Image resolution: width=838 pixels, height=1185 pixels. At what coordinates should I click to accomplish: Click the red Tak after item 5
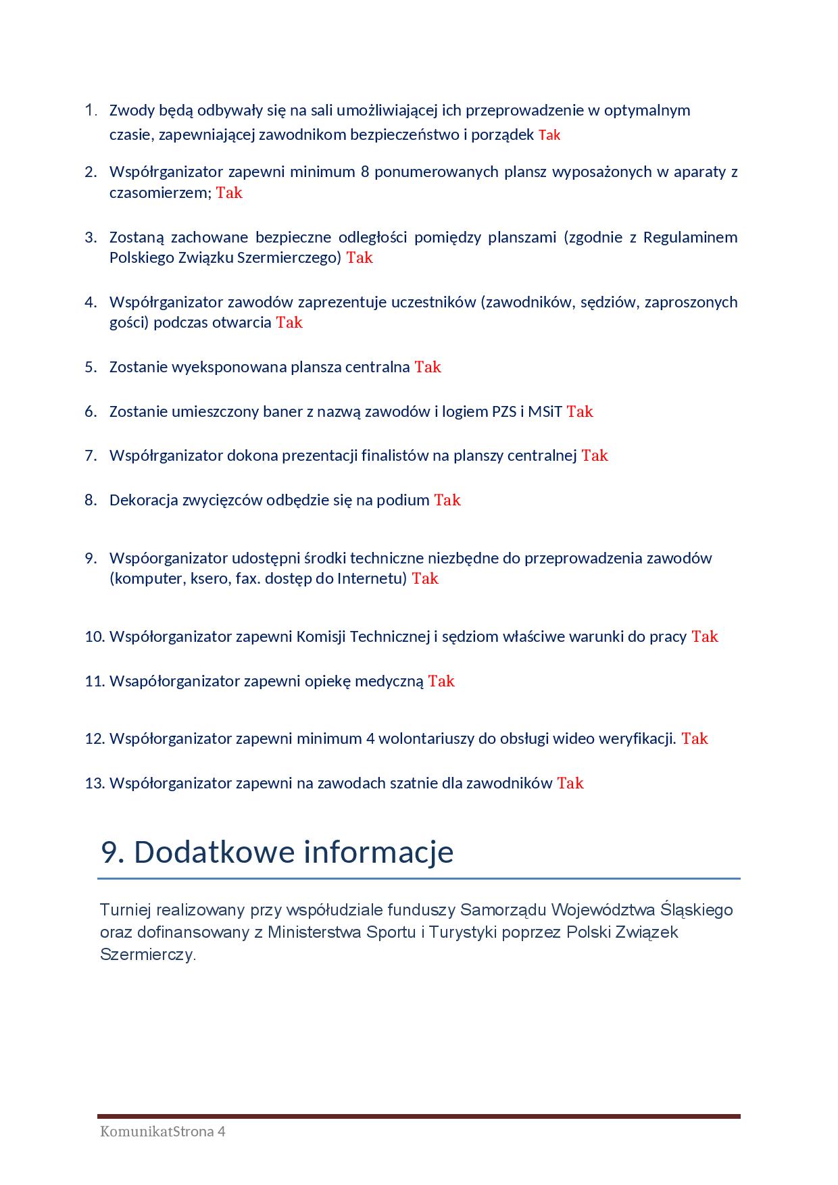pos(427,367)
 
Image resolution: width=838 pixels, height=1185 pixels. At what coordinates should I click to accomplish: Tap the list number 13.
pos(95,783)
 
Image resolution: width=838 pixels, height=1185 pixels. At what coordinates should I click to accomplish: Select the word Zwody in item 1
pos(131,110)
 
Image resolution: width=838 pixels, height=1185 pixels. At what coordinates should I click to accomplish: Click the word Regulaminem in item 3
pos(690,237)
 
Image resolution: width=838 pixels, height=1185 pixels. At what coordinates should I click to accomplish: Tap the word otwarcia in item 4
pos(242,322)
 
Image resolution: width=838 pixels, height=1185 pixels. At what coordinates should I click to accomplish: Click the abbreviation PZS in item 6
pos(503,411)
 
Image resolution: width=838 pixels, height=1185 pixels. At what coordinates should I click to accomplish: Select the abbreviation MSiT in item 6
pos(545,411)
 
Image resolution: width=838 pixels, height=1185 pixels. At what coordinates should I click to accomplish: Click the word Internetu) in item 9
pos(372,578)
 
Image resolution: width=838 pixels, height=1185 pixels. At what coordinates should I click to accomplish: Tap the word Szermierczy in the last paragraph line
pos(147,955)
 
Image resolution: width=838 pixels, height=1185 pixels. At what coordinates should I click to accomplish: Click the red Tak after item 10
pos(704,636)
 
